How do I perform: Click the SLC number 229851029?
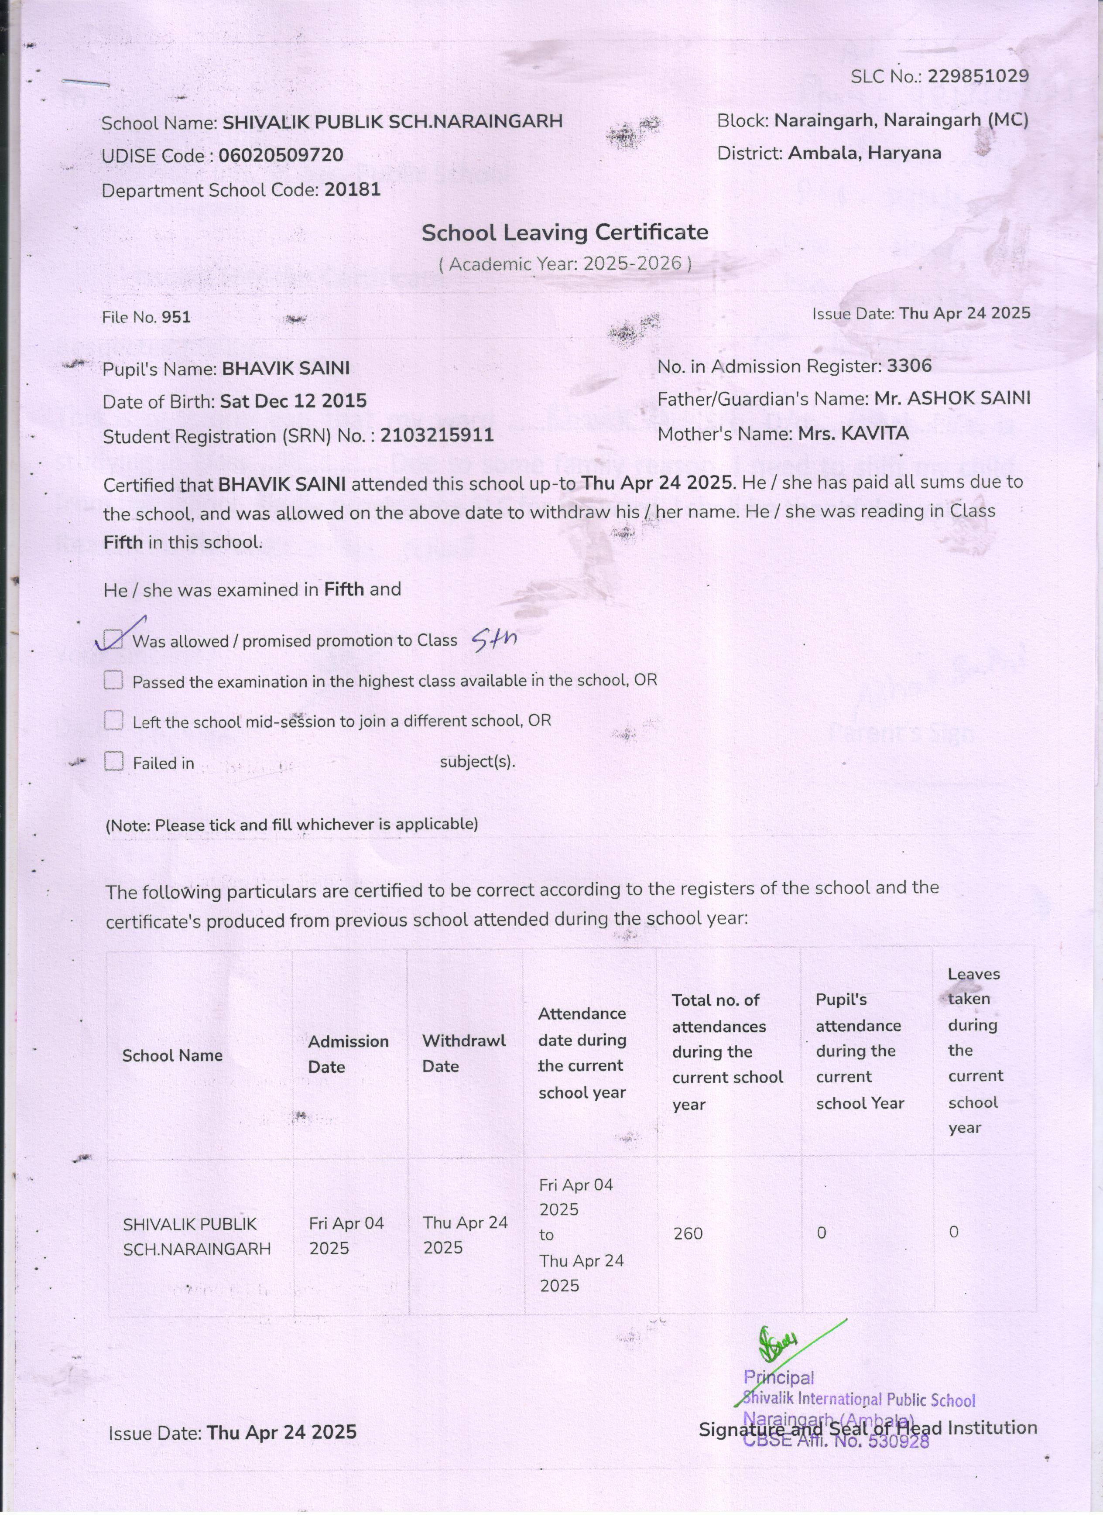coord(977,76)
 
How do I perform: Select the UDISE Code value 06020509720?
coord(281,155)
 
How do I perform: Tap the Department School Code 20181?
coord(352,190)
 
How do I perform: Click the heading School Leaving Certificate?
coord(565,233)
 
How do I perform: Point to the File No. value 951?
coord(176,317)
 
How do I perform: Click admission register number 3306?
coord(909,366)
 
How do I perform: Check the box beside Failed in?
coord(113,762)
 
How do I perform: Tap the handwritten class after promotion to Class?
coord(494,637)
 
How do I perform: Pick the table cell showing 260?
coord(688,1233)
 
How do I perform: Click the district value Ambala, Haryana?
coord(864,153)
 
